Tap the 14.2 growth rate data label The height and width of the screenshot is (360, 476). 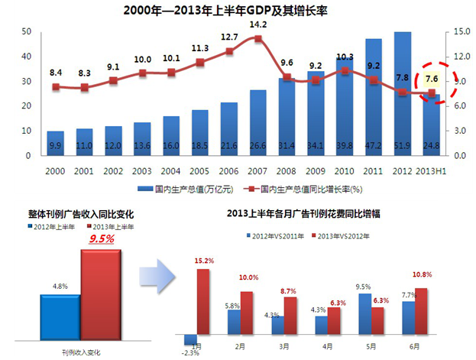(x=257, y=25)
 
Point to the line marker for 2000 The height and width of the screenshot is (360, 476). (x=55, y=87)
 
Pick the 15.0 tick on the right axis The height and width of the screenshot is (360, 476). (x=461, y=31)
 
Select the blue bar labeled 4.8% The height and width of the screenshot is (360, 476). (x=60, y=314)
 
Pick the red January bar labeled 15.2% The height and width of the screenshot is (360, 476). (x=204, y=301)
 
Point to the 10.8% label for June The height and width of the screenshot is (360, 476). (x=423, y=273)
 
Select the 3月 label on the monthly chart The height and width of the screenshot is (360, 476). (x=284, y=345)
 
